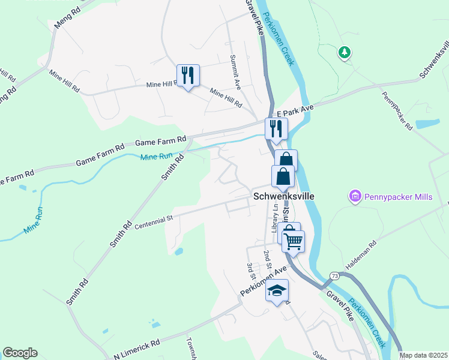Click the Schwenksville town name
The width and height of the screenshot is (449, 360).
tap(284, 196)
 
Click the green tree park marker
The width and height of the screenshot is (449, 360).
tap(345, 53)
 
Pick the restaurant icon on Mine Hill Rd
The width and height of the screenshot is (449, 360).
tap(188, 76)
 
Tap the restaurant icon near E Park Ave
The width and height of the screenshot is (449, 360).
tap(277, 128)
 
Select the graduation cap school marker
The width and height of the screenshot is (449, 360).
tap(277, 291)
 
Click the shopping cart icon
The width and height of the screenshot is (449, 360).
tap(294, 241)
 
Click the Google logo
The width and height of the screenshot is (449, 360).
tap(20, 353)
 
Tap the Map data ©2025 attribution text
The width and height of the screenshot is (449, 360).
tap(423, 355)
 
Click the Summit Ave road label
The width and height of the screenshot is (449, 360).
tap(235, 73)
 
